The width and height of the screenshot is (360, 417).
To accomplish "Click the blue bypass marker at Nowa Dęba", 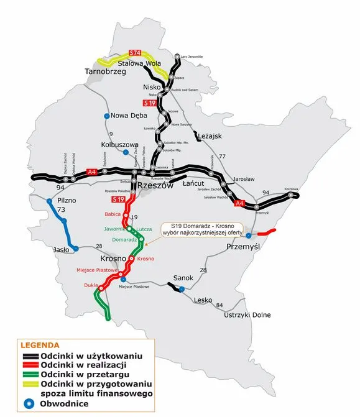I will tap(106, 116).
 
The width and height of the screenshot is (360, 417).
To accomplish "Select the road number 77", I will tap(221, 156).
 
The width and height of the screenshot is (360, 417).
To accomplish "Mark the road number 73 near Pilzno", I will tap(61, 211).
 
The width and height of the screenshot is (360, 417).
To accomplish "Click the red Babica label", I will tap(113, 214).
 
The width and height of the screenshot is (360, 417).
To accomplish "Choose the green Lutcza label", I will tap(145, 229).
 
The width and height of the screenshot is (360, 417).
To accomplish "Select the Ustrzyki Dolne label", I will tap(247, 315).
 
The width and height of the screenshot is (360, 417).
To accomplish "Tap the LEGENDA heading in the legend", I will tap(40, 345).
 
